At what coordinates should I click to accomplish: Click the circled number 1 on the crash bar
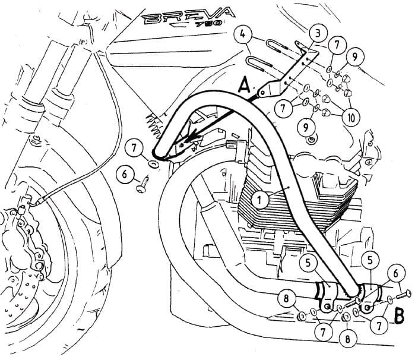pyautogui.click(x=259, y=200)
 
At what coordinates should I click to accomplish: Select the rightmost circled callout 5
pyautogui.click(x=370, y=259)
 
